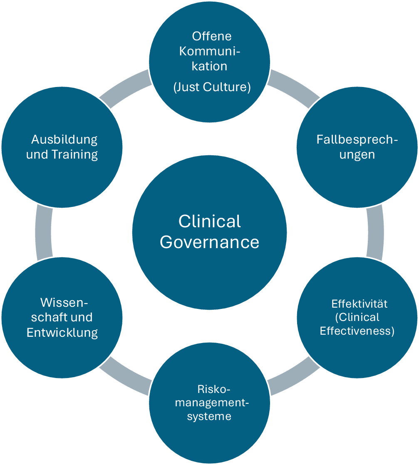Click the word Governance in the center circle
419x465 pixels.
[209, 242]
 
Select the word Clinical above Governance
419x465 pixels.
[209, 221]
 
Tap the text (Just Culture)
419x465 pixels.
[212, 87]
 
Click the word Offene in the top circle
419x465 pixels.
[212, 36]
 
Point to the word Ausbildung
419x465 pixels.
[64, 139]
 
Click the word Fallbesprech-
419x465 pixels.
[357, 139]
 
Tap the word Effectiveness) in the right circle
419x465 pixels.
[357, 331]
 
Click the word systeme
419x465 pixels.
[209, 416]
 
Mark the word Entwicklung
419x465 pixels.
[62, 333]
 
